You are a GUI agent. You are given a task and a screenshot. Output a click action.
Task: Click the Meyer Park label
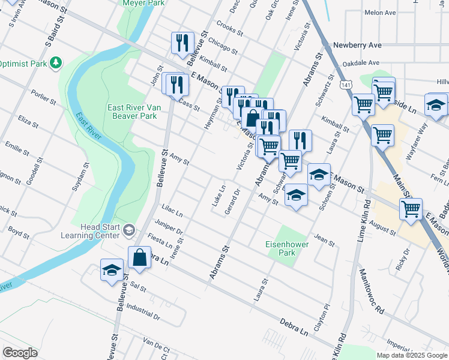143,3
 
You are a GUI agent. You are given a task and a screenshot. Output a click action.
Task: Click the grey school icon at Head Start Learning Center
129,230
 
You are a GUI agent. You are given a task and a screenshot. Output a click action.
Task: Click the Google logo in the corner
20,353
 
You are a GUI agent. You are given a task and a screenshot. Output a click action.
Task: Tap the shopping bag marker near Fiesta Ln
139,258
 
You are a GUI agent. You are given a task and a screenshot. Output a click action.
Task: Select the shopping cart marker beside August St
411,210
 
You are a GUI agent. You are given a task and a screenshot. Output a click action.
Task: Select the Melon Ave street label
380,13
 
